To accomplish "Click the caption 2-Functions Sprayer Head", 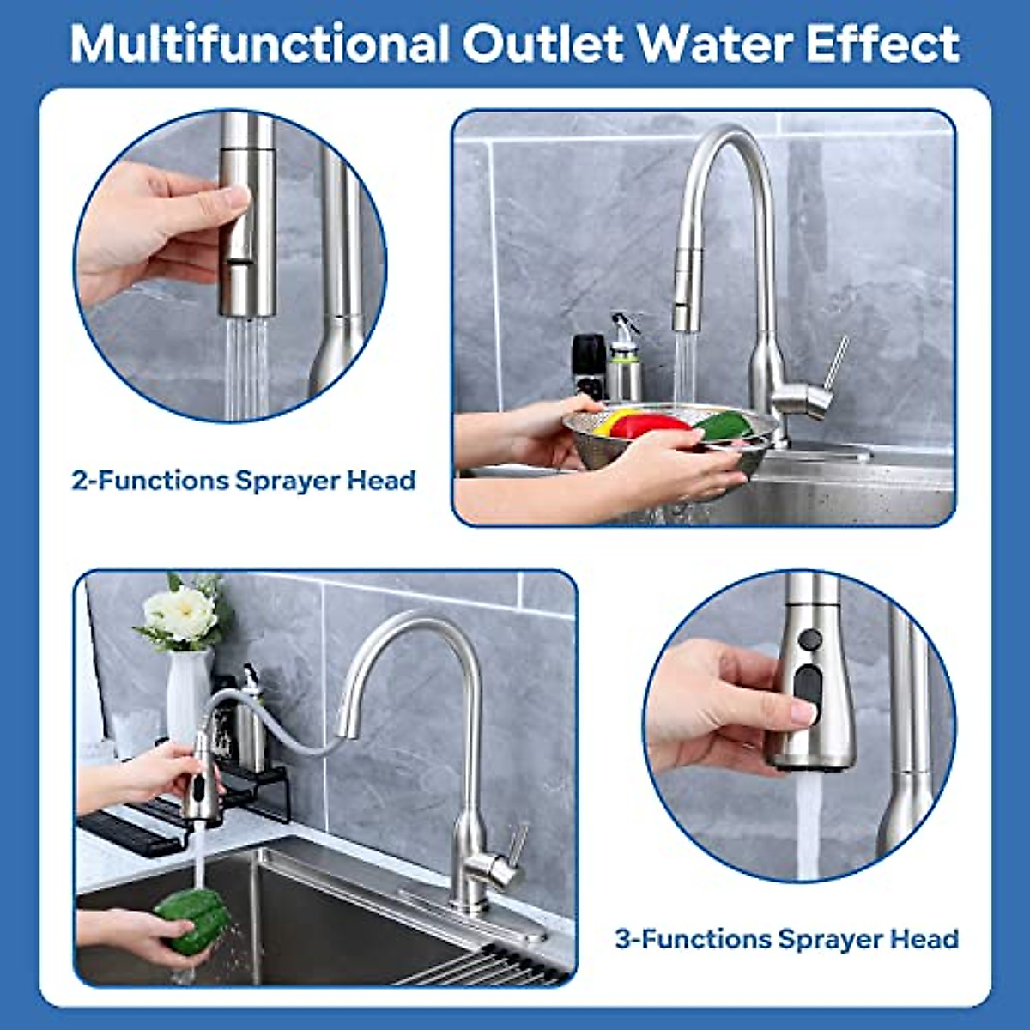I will click(x=243, y=481).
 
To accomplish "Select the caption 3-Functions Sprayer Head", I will click(x=786, y=939).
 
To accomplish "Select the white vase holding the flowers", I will click(x=188, y=695).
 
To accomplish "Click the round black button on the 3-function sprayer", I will click(x=809, y=640).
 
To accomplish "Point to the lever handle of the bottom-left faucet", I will click(x=518, y=845).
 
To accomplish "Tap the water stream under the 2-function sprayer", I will click(x=246, y=369).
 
